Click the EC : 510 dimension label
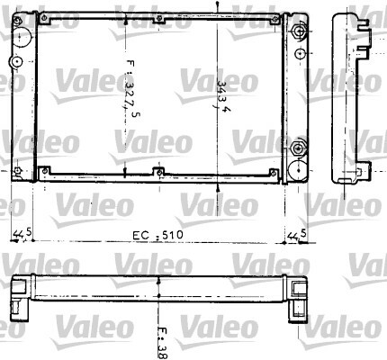point(157,235)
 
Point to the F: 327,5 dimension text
point(132,89)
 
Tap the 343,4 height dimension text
point(223,95)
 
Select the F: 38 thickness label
point(163,343)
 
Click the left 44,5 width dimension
point(22,235)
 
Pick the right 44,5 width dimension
point(297,235)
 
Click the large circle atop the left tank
point(22,37)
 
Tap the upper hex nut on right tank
point(298,31)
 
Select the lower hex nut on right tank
point(298,148)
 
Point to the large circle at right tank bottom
point(298,170)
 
